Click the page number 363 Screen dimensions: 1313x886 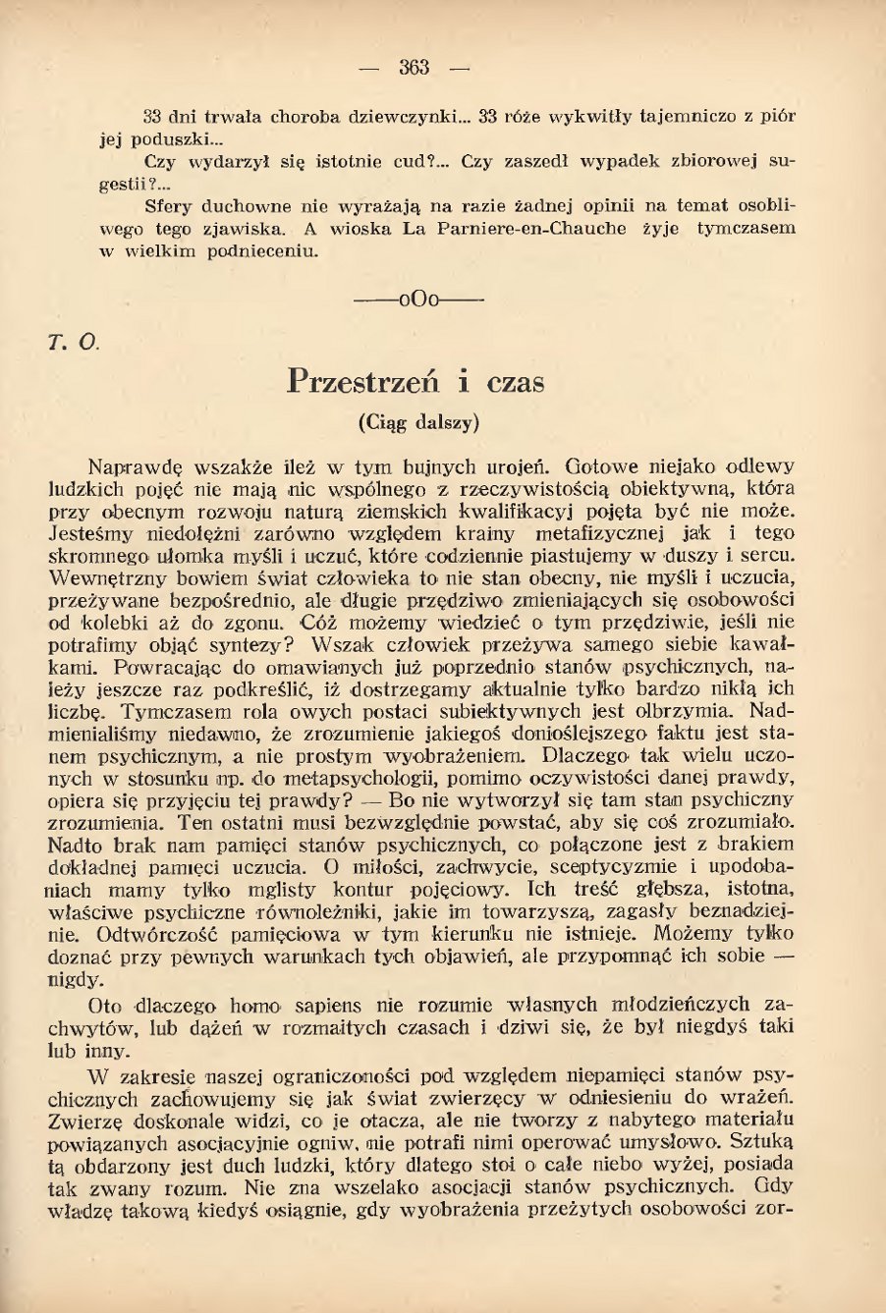tap(414, 67)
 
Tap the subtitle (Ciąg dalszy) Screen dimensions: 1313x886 tap(416, 423)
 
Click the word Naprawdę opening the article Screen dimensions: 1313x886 tap(127, 466)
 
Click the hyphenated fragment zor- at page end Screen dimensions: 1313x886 tap(775, 1209)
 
